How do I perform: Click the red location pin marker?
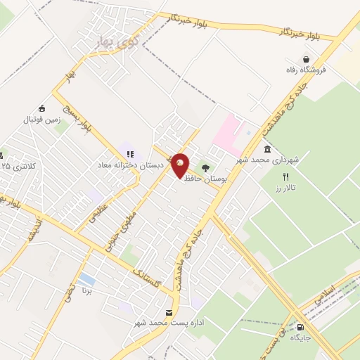click(181, 165)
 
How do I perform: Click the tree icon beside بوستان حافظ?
click(206, 168)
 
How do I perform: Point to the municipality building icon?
click(267, 149)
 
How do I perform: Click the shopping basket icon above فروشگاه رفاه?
click(307, 59)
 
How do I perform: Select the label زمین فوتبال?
click(44, 119)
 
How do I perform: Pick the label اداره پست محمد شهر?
click(169, 323)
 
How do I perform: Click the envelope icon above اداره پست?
click(168, 312)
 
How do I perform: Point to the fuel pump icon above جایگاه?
click(301, 327)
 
